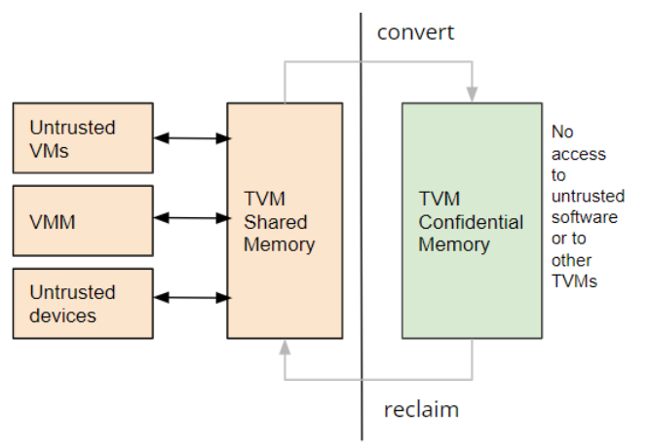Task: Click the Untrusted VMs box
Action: click(83, 138)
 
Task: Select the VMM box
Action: click(83, 221)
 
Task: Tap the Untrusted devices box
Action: click(83, 304)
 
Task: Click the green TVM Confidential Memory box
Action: click(473, 221)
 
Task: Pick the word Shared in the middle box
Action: click(275, 222)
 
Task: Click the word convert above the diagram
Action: click(415, 33)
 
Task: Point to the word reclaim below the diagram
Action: click(421, 410)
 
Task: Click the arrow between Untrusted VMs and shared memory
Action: click(192, 138)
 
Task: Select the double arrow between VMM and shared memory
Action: click(192, 218)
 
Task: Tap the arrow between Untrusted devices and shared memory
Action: click(192, 298)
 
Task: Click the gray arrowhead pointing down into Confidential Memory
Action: click(473, 94)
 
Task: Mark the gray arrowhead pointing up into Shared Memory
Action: click(285, 348)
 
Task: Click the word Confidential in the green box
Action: click(471, 222)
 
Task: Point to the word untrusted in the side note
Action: click(588, 196)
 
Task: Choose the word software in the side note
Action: click(585, 217)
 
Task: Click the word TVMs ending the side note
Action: click(574, 281)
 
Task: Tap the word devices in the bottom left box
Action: click(62, 315)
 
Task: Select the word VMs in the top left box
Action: click(49, 150)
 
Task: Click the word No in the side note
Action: click(562, 132)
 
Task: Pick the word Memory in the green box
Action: click(454, 244)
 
